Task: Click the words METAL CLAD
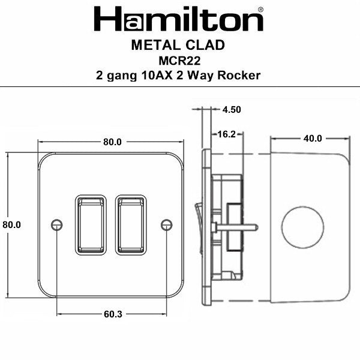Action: pyautogui.click(x=179, y=46)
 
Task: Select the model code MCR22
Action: pyautogui.click(x=179, y=61)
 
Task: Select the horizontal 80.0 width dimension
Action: pyautogui.click(x=112, y=142)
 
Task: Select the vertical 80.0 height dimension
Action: pyautogui.click(x=11, y=224)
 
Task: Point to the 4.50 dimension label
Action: pyautogui.click(x=232, y=110)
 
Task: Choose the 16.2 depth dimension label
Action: pyautogui.click(x=226, y=134)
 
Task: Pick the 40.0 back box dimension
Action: pyautogui.click(x=312, y=139)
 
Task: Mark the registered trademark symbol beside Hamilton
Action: pyautogui.click(x=259, y=10)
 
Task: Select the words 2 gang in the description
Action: pyautogui.click(x=116, y=75)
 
